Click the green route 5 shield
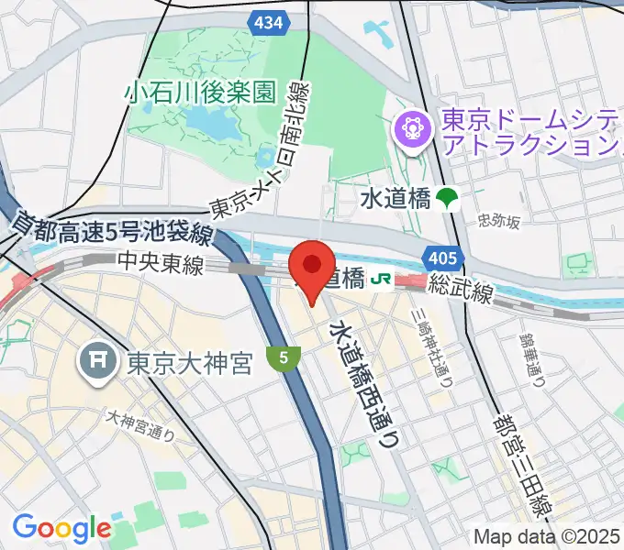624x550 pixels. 284,358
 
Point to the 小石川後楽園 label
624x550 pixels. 202,92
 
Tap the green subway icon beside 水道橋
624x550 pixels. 448,197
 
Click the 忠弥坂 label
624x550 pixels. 498,221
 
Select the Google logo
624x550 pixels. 61,528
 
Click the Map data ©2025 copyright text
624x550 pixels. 547,536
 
